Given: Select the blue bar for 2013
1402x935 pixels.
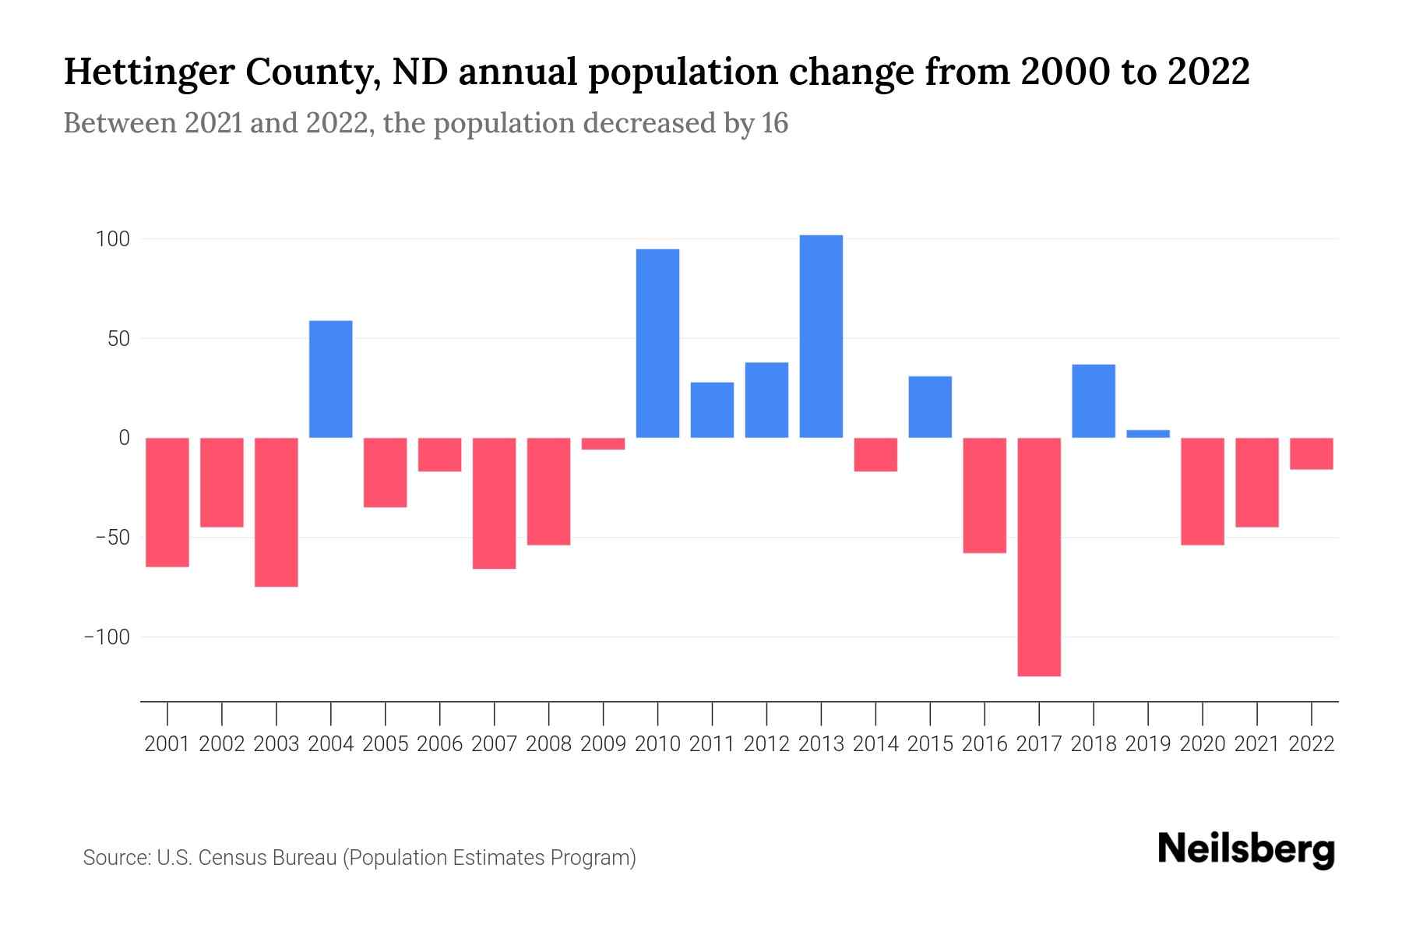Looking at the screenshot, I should point(821,337).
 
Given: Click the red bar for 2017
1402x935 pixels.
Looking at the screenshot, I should point(1039,556).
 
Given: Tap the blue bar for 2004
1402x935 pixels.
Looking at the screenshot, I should point(331,379).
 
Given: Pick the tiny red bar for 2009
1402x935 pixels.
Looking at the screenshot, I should point(603,443).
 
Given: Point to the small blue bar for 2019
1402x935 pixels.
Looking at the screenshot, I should point(1148,434).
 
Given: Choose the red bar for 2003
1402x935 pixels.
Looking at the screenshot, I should point(277,512).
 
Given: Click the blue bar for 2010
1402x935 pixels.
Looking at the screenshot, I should point(657,344).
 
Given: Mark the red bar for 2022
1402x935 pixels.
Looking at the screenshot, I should point(1312,453).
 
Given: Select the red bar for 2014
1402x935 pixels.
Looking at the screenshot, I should point(875,454).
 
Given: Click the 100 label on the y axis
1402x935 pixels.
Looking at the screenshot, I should point(112,239).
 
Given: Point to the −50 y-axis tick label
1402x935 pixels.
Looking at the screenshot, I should point(107,538).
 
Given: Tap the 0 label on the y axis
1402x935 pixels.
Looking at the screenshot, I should point(123,438).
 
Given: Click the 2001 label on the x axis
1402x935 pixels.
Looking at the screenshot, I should point(167,744).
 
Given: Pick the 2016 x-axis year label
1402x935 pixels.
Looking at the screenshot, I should point(985,744).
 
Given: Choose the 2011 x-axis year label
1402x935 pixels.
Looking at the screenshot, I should point(712,744).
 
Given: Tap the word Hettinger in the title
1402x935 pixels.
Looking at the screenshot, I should point(147,72).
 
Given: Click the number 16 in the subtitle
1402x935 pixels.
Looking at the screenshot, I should point(775,123).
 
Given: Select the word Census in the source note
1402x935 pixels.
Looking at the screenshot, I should point(227,858).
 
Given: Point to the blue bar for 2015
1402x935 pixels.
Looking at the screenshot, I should point(930,407).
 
